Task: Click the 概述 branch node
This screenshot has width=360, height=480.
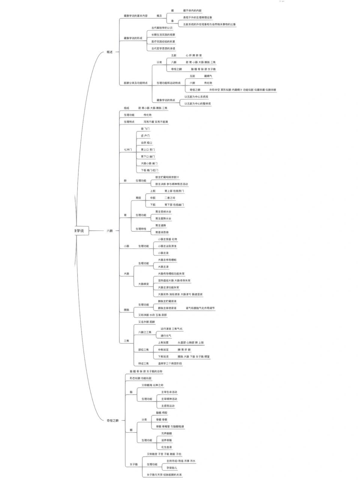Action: pos(109,52)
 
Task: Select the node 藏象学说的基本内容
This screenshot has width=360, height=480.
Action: pos(135,16)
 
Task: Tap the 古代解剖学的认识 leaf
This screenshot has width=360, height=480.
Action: pos(162,28)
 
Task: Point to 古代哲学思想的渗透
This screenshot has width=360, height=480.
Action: pos(163,48)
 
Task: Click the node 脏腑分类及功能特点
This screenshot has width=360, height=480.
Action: pos(135,83)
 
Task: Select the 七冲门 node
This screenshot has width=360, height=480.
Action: pos(128,150)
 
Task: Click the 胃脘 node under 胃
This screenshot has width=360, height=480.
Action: pos(138,198)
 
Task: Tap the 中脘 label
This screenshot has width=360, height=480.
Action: pos(153,198)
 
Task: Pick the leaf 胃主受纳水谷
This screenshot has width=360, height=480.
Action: pos(163,211)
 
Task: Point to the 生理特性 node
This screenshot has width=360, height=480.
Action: pos(141,229)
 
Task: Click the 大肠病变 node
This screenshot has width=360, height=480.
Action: pos(144,284)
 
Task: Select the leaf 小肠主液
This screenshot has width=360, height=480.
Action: pos(163,253)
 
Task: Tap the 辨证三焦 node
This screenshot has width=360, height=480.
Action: pos(144,363)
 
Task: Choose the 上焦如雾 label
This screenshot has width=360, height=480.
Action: pos(163,342)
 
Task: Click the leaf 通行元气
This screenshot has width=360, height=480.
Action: pos(166,336)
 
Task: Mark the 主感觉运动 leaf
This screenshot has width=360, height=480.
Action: pos(168,406)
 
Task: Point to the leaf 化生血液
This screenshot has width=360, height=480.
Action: pos(166,447)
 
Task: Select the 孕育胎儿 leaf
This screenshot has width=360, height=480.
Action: pos(172,468)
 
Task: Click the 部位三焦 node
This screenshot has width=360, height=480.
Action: pos(144,349)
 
